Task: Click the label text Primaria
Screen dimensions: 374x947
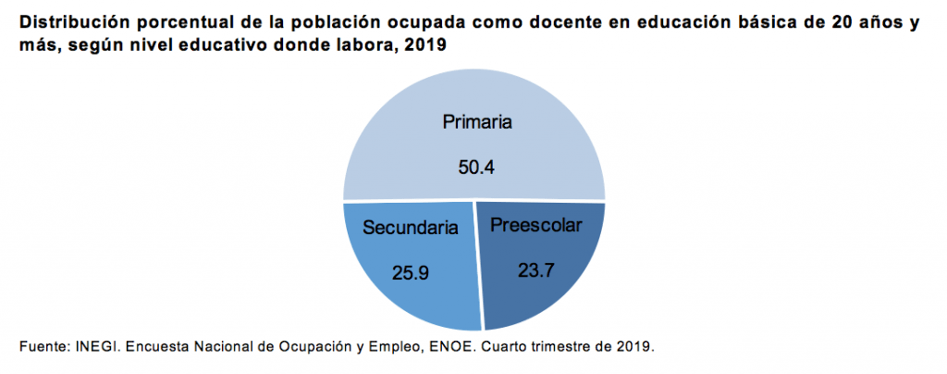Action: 476,121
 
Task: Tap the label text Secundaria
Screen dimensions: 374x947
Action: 411,227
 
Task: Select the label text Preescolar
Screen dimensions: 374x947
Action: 536,224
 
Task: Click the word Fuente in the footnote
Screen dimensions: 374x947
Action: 42,347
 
